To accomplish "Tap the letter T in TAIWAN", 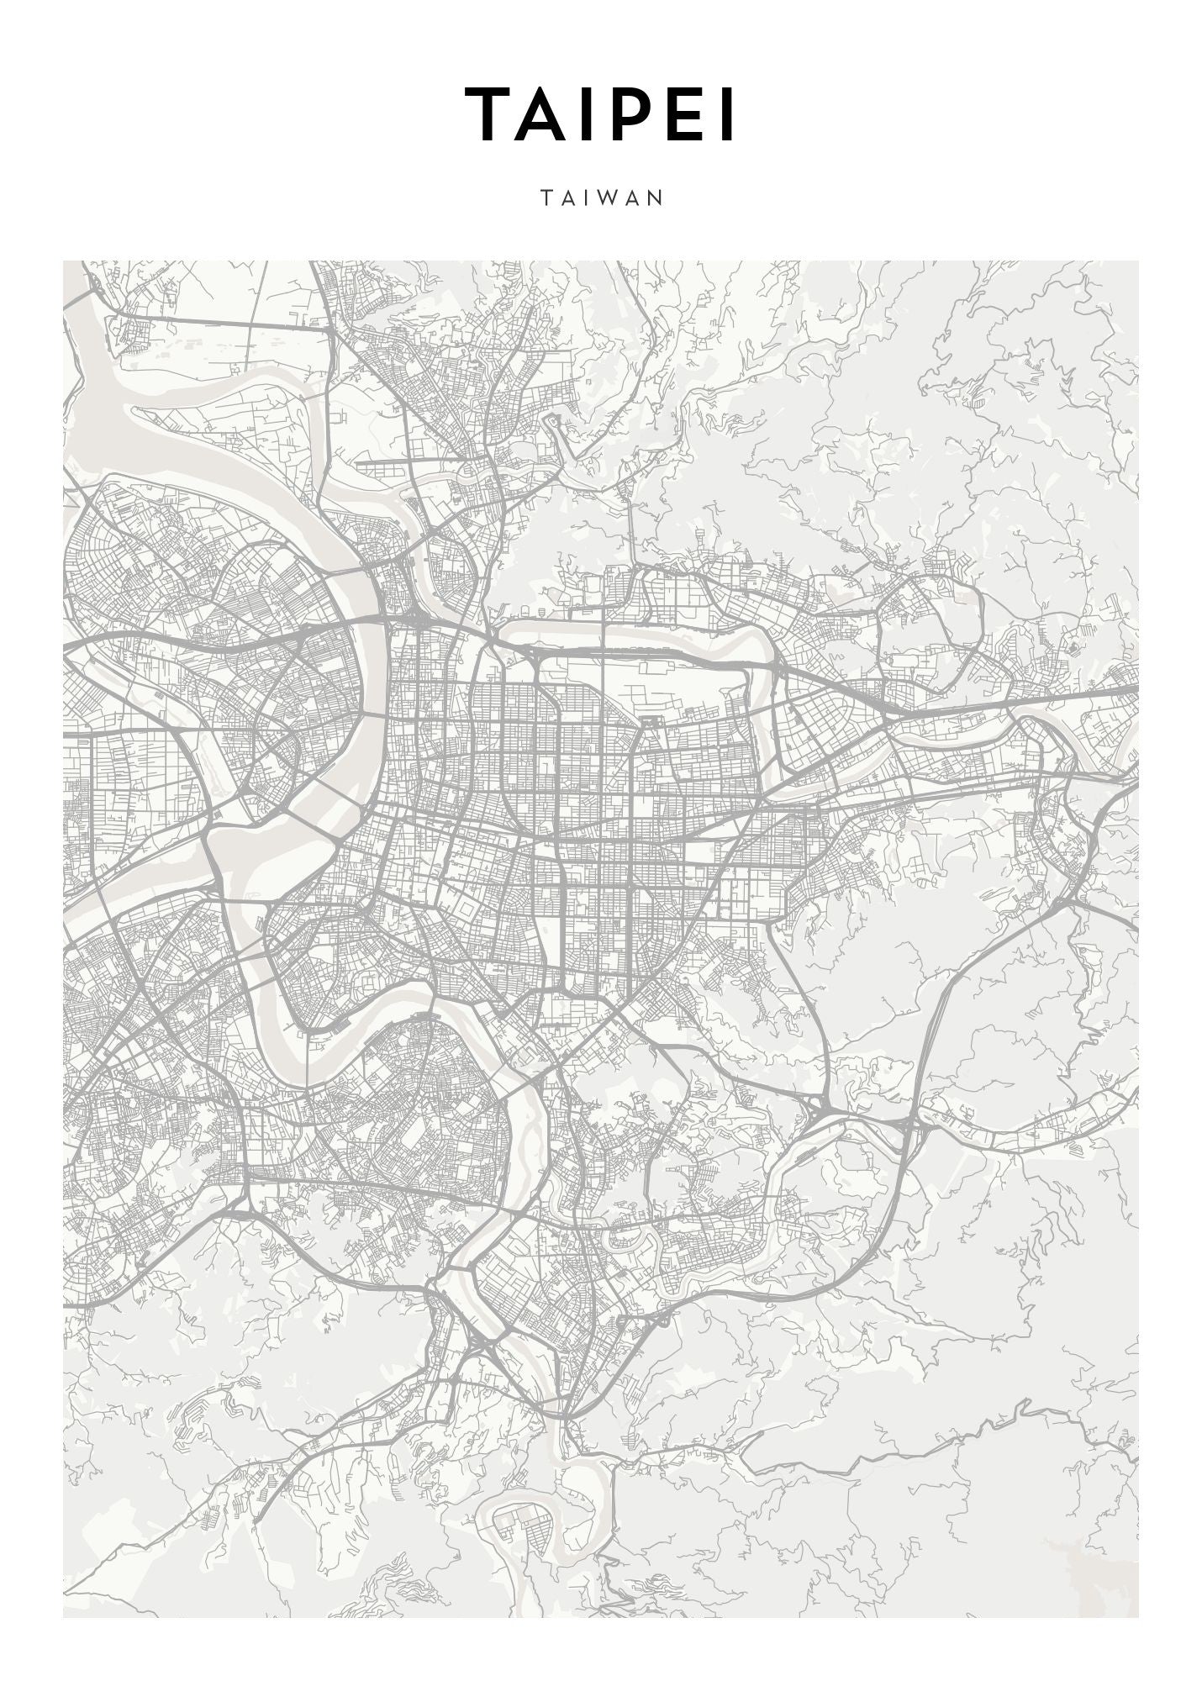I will [546, 198].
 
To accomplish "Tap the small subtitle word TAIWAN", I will [602, 198].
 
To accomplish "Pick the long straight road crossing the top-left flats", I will [227, 324].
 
